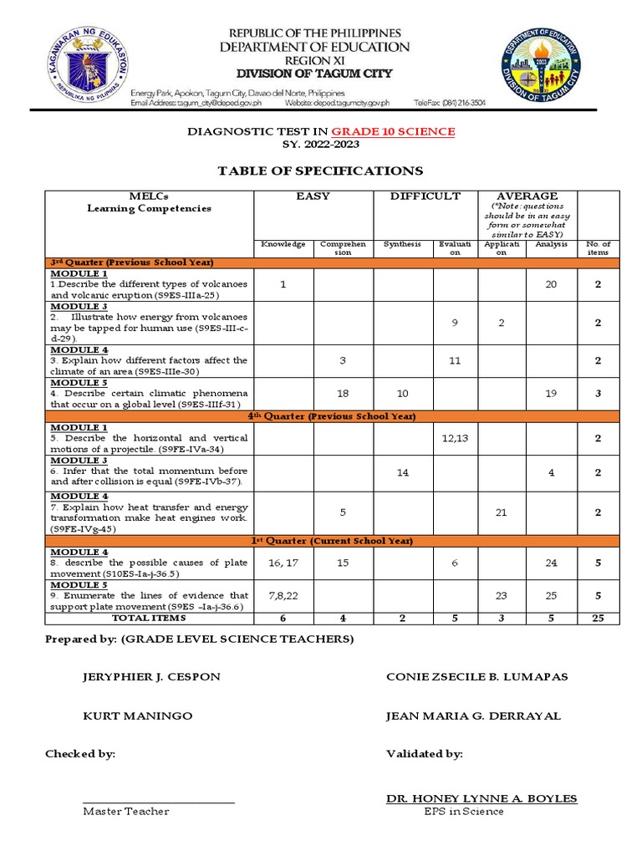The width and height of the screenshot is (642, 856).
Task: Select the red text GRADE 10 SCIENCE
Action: pyautogui.click(x=393, y=131)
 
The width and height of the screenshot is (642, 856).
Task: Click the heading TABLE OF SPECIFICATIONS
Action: pyautogui.click(x=320, y=171)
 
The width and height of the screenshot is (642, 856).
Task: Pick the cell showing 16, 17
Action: pyautogui.click(x=283, y=563)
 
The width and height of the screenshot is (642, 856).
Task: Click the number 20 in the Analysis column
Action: pyautogui.click(x=551, y=284)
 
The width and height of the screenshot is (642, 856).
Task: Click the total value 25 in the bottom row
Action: pyautogui.click(x=599, y=619)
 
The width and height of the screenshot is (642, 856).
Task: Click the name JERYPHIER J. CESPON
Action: pyautogui.click(x=151, y=676)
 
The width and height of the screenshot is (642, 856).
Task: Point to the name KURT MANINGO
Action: pyautogui.click(x=137, y=716)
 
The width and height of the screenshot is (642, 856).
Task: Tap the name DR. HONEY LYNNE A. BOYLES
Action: pyautogui.click(x=481, y=798)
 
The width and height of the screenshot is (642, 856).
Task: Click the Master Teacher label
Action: pyautogui.click(x=125, y=811)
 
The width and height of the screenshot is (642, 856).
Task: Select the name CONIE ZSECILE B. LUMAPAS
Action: pyautogui.click(x=476, y=676)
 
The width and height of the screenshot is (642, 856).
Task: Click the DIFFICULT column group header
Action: pyautogui.click(x=426, y=196)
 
